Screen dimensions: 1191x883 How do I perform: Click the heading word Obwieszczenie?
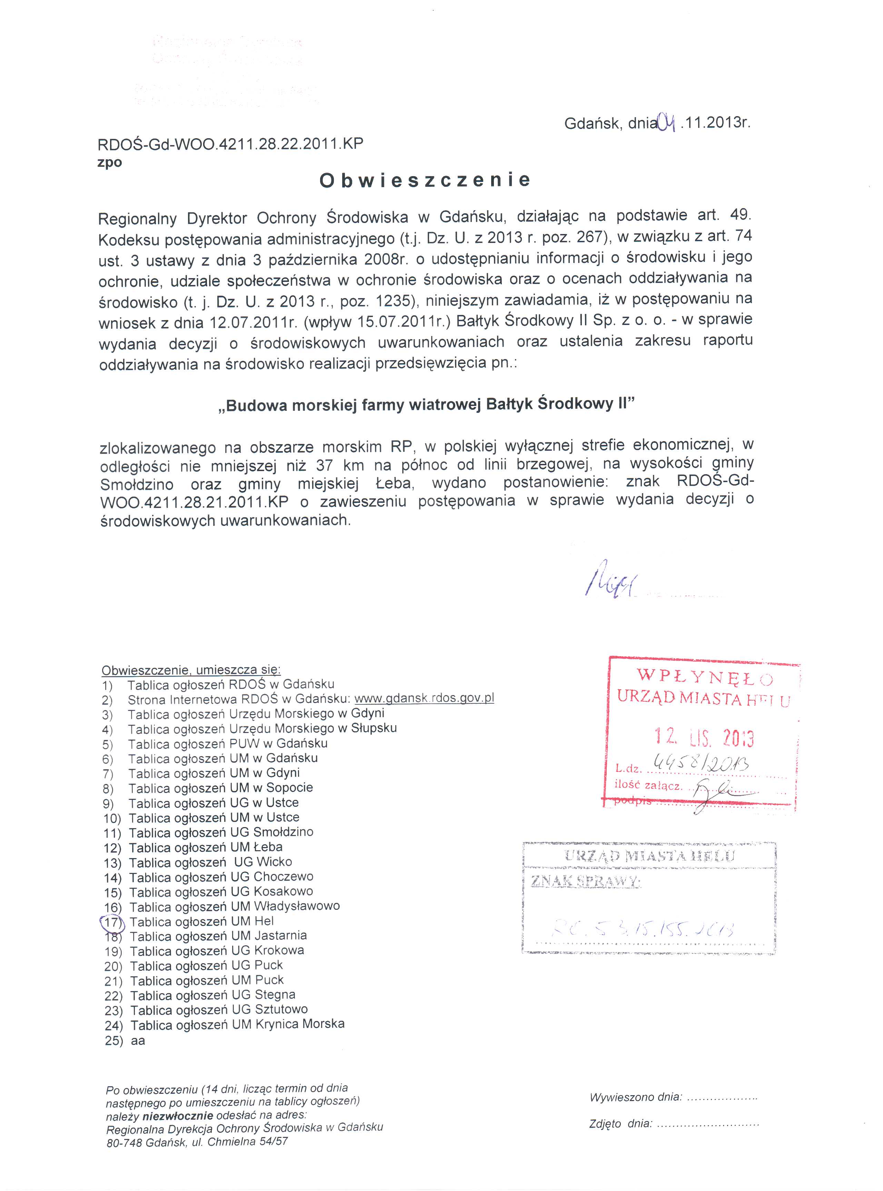coord(425,180)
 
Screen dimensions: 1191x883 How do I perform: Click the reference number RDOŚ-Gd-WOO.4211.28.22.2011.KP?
coord(230,144)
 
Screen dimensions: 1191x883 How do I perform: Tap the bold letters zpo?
coord(110,162)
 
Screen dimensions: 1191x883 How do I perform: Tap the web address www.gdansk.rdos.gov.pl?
coord(424,698)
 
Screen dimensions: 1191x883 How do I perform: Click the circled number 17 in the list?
coord(112,922)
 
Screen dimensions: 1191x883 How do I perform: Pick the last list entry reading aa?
coord(138,1040)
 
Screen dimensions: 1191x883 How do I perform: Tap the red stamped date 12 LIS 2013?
coord(704,738)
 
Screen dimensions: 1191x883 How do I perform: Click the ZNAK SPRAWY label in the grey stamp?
coord(585,882)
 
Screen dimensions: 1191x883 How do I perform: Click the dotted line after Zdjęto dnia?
coord(708,1124)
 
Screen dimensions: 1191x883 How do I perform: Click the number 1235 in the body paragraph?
coord(394,301)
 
